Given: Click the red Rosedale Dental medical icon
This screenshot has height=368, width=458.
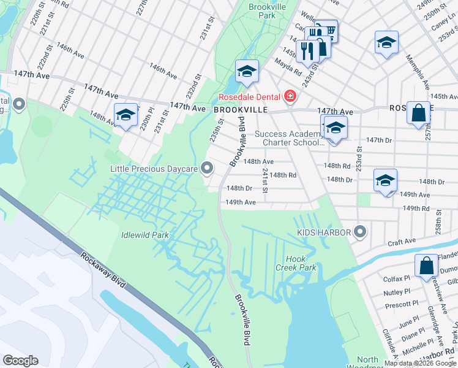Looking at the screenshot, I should tap(289, 97).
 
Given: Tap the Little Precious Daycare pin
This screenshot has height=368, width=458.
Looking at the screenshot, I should tap(208, 168).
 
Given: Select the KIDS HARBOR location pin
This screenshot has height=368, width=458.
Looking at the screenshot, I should tap(360, 232).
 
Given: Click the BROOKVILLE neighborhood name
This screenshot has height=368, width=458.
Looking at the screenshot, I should tap(241, 109).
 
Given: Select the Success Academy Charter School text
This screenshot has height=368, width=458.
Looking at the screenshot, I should tap(288, 138).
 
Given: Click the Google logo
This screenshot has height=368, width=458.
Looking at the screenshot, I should tap(20, 361).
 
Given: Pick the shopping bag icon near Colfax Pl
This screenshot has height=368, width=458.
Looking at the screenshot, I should tap(426, 266).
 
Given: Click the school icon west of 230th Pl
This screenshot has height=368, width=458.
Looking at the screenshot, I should tap(126, 115).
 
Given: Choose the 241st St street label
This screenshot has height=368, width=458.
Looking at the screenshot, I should tap(265, 180).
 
